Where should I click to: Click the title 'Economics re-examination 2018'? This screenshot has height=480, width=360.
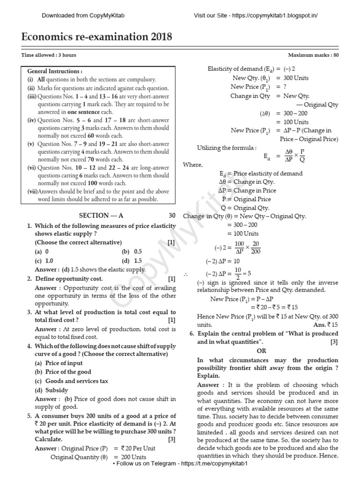coord(97,37)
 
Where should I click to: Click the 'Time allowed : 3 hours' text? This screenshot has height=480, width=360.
coord(49,55)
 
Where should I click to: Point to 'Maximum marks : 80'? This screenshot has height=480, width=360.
coord(313,55)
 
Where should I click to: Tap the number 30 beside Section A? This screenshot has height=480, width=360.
coord(172,216)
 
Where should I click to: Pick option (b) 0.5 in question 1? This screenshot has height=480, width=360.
coord(132,252)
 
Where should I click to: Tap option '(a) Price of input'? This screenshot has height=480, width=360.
coord(59,363)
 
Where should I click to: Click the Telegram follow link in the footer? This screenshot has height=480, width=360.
coord(180,476)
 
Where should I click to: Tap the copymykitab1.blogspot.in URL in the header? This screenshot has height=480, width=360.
coord(255,15)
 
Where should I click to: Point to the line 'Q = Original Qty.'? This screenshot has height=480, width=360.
coord(246,208)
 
